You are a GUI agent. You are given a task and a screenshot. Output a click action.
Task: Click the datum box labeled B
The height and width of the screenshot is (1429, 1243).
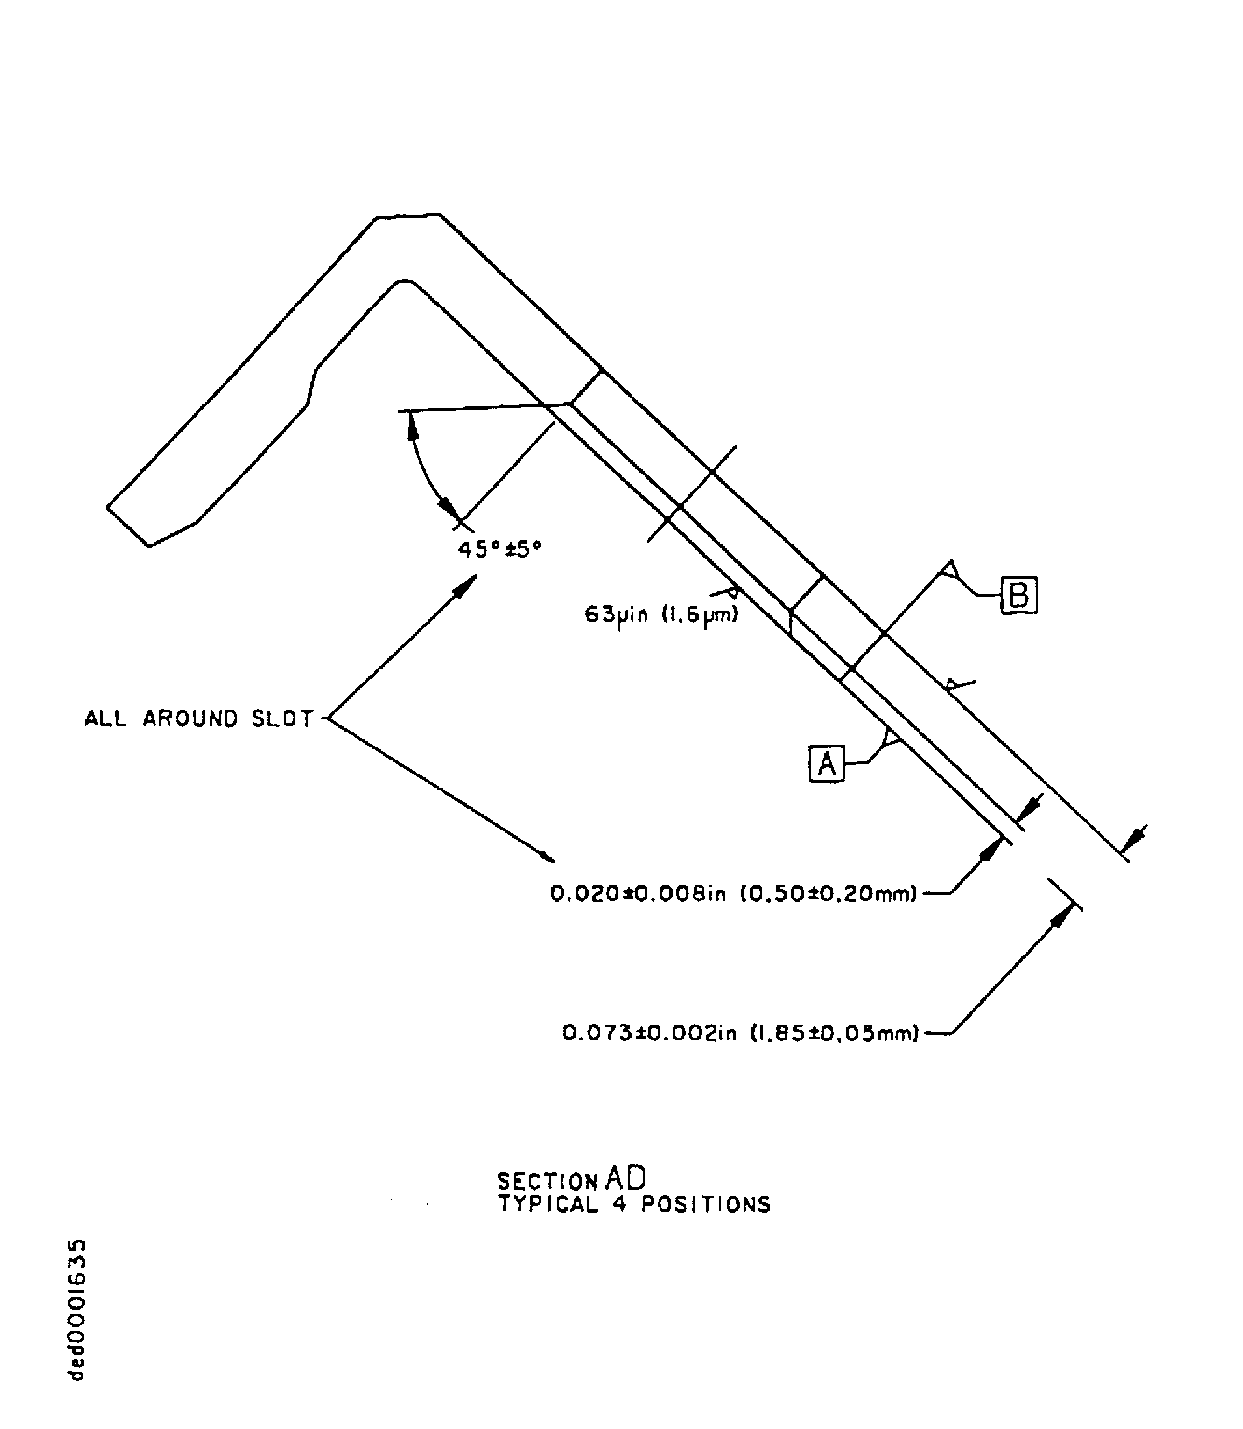(x=1018, y=595)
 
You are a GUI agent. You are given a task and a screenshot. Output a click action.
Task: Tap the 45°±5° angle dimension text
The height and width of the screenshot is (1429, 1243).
(x=499, y=550)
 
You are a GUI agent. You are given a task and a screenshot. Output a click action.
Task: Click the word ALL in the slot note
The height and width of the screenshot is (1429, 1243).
(x=105, y=718)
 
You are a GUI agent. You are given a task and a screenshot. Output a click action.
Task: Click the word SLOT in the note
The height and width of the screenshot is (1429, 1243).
(x=283, y=718)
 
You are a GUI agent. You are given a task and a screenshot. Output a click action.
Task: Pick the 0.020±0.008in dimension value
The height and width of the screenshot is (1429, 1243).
(x=638, y=894)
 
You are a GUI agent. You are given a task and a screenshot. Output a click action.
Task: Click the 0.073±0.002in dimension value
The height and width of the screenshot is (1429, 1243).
(x=648, y=1034)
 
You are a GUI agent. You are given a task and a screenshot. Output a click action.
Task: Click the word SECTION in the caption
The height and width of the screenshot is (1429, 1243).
(x=547, y=1181)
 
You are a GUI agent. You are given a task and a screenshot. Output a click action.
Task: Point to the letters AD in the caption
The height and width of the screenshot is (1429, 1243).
(x=625, y=1178)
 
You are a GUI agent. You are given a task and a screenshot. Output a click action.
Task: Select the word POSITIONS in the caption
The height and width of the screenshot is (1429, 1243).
(x=705, y=1204)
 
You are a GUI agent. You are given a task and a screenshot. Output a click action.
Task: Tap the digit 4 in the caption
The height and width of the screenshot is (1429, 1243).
(x=619, y=1204)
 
